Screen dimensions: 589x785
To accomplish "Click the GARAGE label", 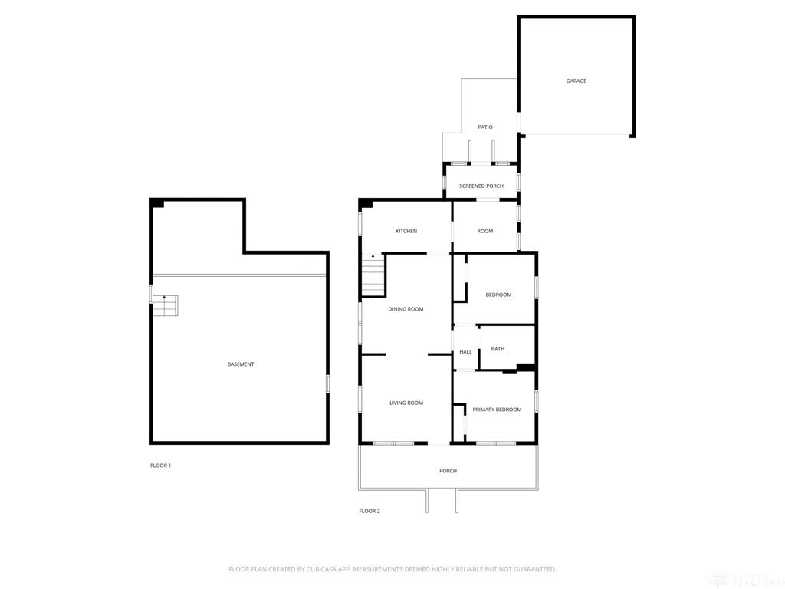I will tap(576, 81).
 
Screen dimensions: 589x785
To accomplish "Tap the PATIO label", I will tap(485, 127).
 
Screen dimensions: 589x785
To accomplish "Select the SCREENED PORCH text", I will tap(481, 186).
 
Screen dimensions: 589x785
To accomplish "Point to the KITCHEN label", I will tap(406, 231).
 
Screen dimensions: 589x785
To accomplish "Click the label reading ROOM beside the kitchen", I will tap(485, 231).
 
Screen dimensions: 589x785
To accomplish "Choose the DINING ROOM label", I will tap(406, 309).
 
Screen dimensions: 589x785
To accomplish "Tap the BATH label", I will tap(498, 349).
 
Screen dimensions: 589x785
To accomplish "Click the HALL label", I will tap(466, 352).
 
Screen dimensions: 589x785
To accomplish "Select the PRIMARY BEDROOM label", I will tap(497, 410).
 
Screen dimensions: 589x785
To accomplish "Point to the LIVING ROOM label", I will tap(406, 403).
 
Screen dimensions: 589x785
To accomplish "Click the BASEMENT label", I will tap(241, 364).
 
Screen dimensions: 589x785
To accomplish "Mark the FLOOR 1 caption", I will tap(160, 466).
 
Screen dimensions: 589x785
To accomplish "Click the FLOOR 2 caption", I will tap(370, 511).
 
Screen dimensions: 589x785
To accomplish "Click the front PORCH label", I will tap(448, 471).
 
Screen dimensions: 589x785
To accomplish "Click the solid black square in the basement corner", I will tap(157, 203).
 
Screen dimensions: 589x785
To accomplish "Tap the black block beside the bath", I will tap(526, 367).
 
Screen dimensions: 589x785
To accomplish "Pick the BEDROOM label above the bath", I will tap(498, 294).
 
